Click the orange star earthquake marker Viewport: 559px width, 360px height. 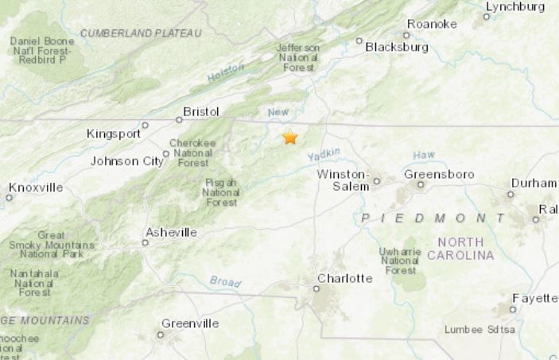point(290,137)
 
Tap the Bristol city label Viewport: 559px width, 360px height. point(200,112)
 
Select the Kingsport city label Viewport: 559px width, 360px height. point(113,134)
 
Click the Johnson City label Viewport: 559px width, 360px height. point(127,161)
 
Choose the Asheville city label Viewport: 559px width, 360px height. point(171,232)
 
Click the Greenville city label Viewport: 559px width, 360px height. point(190,323)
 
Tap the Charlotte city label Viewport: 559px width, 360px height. point(344,278)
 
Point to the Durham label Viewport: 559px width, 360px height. point(534,183)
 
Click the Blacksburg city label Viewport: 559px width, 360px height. point(397,47)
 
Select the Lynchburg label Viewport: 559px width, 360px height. point(514,6)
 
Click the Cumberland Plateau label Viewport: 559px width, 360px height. point(141,33)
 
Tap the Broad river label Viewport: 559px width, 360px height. point(225,281)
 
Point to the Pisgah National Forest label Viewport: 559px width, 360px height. point(220,192)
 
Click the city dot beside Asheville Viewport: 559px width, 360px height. point(145,242)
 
